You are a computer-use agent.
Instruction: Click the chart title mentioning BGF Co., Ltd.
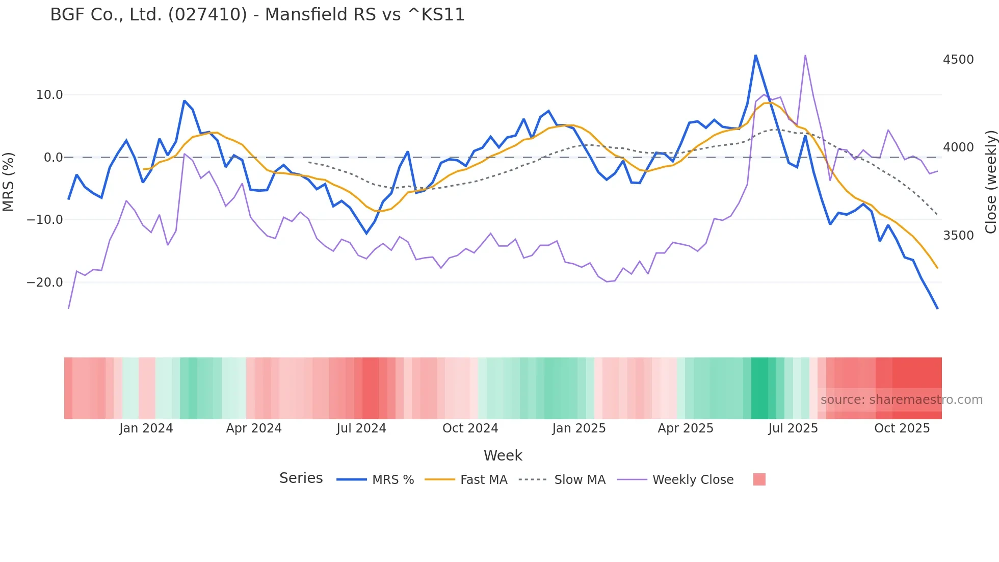coord(257,15)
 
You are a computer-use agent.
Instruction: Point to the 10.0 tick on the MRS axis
coord(49,95)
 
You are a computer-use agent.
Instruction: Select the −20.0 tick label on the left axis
coord(45,283)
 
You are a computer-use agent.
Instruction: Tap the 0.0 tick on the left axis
coord(54,158)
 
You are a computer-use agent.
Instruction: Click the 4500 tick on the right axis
coord(958,60)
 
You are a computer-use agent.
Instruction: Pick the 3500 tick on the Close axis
coord(958,236)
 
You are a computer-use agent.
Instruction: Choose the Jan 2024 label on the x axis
coord(146,428)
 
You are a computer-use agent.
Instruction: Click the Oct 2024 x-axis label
coord(470,428)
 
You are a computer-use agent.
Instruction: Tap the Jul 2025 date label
coord(793,428)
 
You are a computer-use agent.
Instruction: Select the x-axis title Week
coord(503,455)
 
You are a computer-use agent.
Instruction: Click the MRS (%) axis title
coord(9,182)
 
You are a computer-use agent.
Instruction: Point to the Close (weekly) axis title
coord(990,182)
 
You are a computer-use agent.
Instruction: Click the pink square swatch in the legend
coord(759,479)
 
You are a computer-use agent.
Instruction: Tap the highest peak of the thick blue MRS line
coord(755,55)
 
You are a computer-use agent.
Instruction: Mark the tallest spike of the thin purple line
coord(805,55)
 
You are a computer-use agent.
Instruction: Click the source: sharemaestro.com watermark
coord(901,400)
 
